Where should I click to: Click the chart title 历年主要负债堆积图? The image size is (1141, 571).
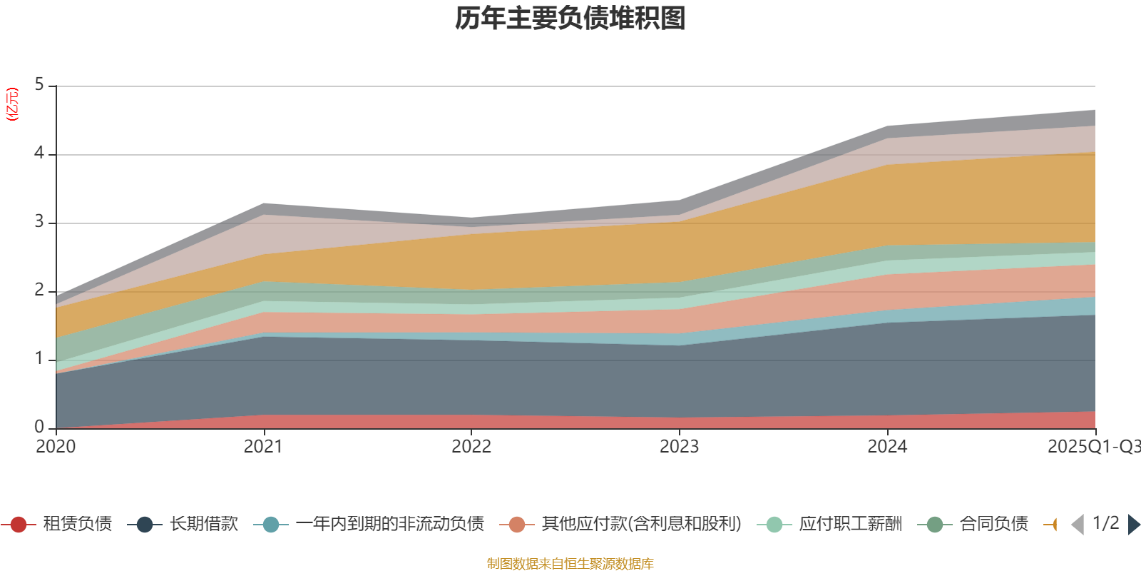coord(570,19)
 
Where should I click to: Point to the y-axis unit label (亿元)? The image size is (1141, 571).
coord(12,104)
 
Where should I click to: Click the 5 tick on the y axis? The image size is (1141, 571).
coord(39,85)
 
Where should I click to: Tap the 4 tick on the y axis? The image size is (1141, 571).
coord(39,153)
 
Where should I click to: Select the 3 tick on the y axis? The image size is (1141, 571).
coord(39,222)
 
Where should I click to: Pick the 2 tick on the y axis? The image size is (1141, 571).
coord(39,290)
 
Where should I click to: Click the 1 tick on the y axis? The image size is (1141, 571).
coord(39,359)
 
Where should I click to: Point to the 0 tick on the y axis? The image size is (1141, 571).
coord(39,428)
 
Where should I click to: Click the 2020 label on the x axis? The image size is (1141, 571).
coord(56,447)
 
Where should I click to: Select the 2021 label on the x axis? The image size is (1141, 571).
coord(263,447)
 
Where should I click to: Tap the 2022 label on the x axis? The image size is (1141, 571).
coord(471,447)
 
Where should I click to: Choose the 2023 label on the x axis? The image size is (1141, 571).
coord(679,447)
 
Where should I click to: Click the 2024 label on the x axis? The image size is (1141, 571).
coord(887,447)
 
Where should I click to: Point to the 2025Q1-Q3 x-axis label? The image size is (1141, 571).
coord(1093,447)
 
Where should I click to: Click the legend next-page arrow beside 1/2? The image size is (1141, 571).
coord(1133,525)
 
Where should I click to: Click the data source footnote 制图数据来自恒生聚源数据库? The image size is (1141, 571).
coord(570,564)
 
